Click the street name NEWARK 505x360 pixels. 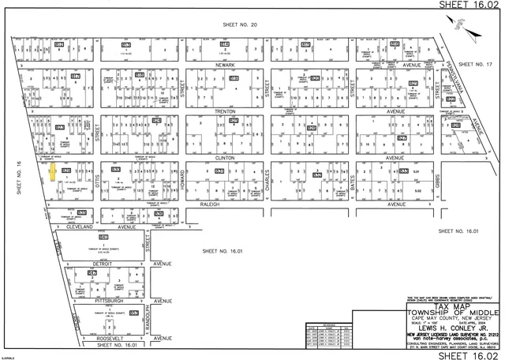coord(226,66)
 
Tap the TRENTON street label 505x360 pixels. coord(226,111)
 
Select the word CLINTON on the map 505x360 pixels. coord(226,157)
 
